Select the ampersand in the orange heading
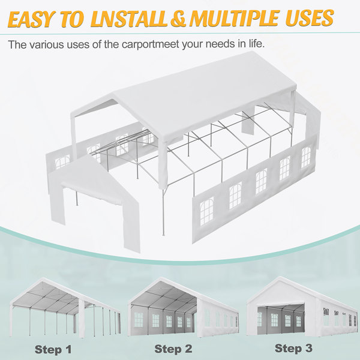click(x=178, y=18)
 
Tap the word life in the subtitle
click(x=256, y=44)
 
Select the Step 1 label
click(x=53, y=349)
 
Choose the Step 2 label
click(x=173, y=349)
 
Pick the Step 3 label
click(x=293, y=348)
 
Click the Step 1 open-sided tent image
click(x=65, y=308)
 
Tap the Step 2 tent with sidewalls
click(x=183, y=307)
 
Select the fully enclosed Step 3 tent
click(x=302, y=307)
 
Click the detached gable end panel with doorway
click(x=94, y=202)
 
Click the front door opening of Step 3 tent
click(x=281, y=318)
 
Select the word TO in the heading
click(x=73, y=19)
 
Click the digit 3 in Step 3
click(x=308, y=348)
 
